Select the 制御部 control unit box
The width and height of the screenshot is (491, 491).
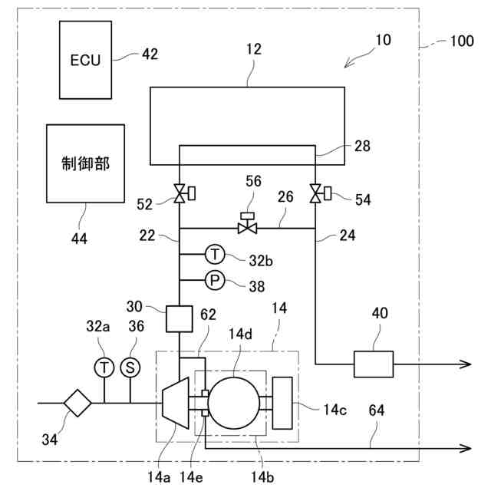coord(85,163)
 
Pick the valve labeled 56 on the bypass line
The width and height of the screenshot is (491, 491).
coord(247,227)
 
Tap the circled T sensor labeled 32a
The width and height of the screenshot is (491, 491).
coord(104,367)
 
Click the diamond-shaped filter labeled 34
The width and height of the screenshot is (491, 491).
coord(78,402)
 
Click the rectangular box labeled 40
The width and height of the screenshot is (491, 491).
coord(373,364)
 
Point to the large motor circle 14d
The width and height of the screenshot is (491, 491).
coord(238,402)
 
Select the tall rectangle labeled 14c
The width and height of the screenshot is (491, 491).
coord(282,402)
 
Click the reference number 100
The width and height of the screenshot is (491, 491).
coord(461,42)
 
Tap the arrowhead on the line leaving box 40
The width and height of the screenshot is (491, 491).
coord(465,364)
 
